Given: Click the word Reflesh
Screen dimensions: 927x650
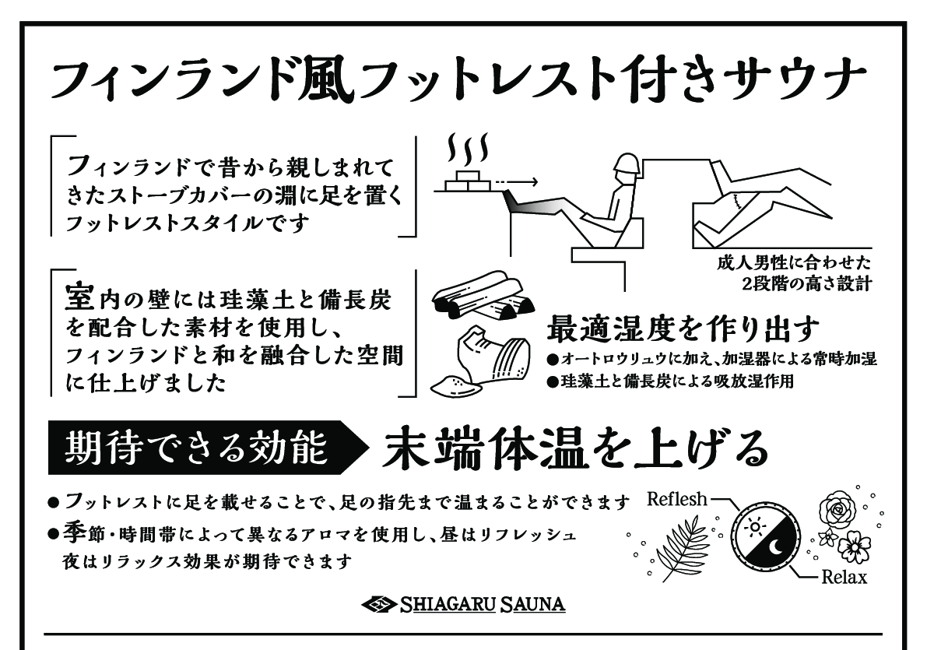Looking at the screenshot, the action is pos(677,499).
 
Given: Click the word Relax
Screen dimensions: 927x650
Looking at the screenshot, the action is pos(844,577).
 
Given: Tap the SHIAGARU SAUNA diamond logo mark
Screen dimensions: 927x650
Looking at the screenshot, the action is pos(379,604).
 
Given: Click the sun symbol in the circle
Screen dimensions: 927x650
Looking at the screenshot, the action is pos(753,526).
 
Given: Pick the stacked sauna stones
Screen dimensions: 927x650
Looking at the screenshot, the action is pos(467,181).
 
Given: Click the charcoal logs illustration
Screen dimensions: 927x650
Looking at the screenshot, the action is pos(482,295).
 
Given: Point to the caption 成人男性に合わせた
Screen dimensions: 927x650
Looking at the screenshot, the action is pos(794,262).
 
